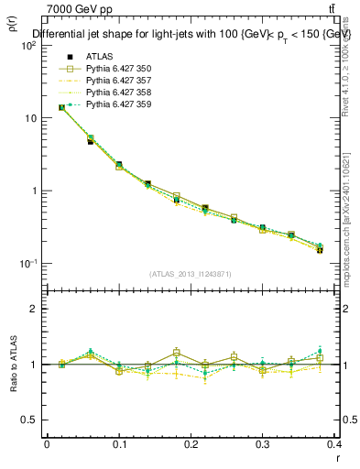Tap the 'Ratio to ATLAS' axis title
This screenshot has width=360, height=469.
[13, 364]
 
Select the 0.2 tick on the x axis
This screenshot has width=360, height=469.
[191, 444]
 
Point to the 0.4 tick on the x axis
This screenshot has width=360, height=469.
[334, 444]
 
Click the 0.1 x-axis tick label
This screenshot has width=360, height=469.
[118, 444]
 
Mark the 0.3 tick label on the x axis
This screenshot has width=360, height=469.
[262, 444]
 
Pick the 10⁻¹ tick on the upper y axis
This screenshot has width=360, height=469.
[29, 264]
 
